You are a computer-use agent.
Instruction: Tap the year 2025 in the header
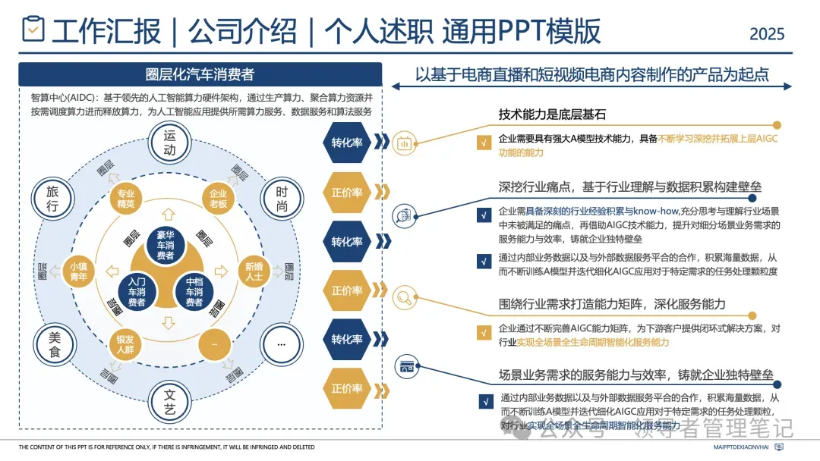[x=767, y=34]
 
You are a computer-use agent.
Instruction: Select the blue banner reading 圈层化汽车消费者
[x=200, y=74]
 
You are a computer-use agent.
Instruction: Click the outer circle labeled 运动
[x=169, y=143]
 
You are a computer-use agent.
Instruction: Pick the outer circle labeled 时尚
[x=281, y=199]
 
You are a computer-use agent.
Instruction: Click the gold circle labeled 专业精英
[x=125, y=199]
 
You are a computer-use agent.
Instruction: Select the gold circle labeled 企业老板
[x=218, y=199]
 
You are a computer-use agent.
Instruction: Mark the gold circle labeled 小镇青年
[x=78, y=271]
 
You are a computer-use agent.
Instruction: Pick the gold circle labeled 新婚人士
[x=254, y=271]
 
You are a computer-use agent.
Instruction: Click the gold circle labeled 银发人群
[x=125, y=344]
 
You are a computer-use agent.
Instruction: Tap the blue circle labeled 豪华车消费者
[x=166, y=244]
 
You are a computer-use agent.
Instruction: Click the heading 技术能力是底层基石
[x=552, y=115]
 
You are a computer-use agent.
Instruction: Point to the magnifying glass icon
[x=404, y=297]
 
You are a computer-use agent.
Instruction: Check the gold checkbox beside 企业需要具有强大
[x=483, y=142]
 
